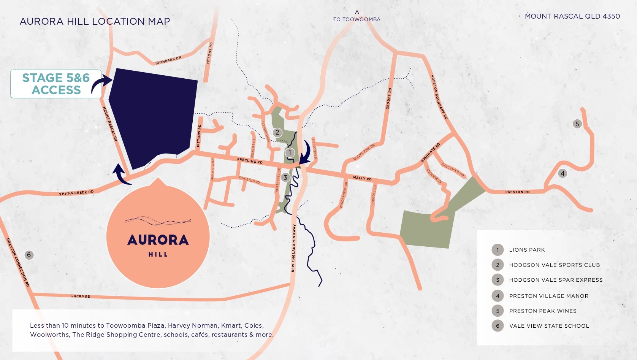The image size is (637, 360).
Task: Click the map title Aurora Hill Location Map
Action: click(x=95, y=21)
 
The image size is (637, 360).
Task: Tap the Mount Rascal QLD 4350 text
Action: click(x=572, y=16)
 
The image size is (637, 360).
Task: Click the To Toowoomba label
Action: click(x=357, y=19)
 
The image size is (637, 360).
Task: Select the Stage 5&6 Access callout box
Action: click(x=56, y=84)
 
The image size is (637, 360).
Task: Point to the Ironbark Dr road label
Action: click(x=168, y=60)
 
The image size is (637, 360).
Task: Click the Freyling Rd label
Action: click(x=250, y=161)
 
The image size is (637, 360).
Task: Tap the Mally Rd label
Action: click(x=362, y=178)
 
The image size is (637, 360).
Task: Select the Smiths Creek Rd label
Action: click(x=76, y=193)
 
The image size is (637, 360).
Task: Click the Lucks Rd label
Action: click(x=81, y=296)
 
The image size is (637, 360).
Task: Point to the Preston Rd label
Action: click(x=517, y=192)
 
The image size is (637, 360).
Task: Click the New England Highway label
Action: click(x=293, y=248)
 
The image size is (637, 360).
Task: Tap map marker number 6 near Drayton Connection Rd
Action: click(x=29, y=255)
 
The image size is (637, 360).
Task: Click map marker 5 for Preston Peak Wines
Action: click(x=577, y=124)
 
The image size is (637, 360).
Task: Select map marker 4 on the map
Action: click(x=563, y=173)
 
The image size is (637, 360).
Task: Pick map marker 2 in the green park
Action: click(x=277, y=132)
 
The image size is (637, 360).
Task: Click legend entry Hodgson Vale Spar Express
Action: click(x=556, y=280)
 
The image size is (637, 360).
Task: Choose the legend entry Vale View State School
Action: click(x=549, y=326)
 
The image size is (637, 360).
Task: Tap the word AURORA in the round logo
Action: click(x=158, y=240)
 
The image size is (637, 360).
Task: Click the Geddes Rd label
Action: click(x=388, y=99)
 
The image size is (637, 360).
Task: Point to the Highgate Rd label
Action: click(x=430, y=152)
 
